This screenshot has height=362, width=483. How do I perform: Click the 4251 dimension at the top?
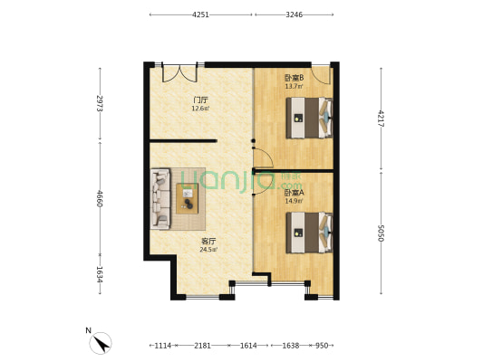(x=200, y=14)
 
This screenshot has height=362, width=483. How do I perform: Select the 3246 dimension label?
(x=294, y=14)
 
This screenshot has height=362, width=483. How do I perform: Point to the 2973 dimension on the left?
(x=100, y=103)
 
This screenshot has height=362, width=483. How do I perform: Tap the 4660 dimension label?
(x=100, y=198)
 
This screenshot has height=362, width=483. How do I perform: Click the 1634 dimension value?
(x=100, y=274)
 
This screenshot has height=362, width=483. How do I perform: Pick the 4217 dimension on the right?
(x=381, y=119)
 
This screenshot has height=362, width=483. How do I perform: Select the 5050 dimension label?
(x=381, y=233)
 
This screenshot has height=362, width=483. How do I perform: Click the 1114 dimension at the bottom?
(x=162, y=346)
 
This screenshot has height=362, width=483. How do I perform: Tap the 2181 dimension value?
(x=202, y=346)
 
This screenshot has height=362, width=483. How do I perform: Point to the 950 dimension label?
(x=322, y=346)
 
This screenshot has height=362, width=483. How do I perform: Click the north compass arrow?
(x=101, y=344)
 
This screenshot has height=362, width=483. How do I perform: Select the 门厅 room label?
(x=200, y=100)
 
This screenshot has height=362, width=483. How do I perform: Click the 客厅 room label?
(x=208, y=242)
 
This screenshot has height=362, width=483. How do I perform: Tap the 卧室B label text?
(x=294, y=78)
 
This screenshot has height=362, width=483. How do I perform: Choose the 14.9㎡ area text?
(x=294, y=201)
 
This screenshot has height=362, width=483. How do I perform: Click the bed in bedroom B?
(x=310, y=118)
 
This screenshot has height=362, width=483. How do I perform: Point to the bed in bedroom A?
(x=310, y=233)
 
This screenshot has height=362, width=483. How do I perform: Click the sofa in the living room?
(x=160, y=199)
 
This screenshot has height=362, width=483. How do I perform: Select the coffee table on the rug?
(x=187, y=198)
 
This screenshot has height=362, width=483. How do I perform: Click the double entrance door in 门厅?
(x=179, y=73)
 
